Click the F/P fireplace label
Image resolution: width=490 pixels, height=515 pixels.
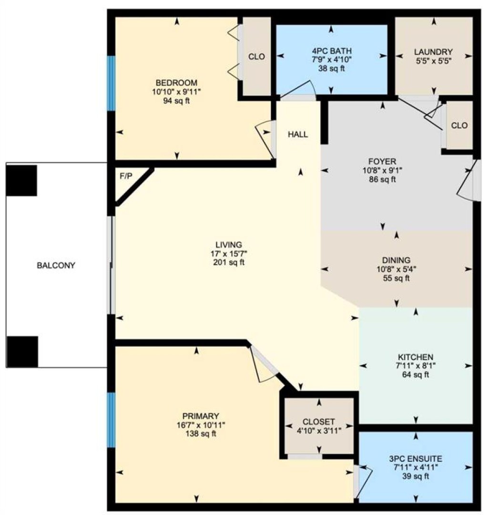(126, 176)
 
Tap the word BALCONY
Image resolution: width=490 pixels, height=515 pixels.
(56, 266)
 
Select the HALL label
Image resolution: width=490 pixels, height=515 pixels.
(298, 134)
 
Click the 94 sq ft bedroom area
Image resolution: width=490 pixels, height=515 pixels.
(176, 101)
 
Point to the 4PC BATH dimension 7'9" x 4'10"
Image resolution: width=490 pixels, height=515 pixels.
(331, 60)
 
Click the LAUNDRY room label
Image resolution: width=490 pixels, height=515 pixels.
(433, 52)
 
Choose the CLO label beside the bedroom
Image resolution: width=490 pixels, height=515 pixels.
(256, 57)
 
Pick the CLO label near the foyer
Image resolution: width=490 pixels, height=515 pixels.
(459, 125)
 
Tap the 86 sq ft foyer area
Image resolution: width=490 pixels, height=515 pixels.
(382, 179)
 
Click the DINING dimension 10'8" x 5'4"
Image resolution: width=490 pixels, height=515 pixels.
(397, 269)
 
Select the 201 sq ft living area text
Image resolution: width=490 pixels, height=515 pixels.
(229, 262)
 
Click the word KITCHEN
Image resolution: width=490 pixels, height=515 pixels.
(416, 357)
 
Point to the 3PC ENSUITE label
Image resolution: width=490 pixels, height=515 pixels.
(416, 459)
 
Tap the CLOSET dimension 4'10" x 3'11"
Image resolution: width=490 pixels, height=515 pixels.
(319, 431)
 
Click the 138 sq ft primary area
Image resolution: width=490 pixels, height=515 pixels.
(201, 434)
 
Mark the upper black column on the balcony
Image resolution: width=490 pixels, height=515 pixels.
(21, 181)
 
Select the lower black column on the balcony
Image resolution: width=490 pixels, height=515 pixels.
(22, 351)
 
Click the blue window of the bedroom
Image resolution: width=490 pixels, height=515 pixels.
(112, 83)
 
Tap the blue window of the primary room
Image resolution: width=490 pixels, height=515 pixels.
(112, 420)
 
